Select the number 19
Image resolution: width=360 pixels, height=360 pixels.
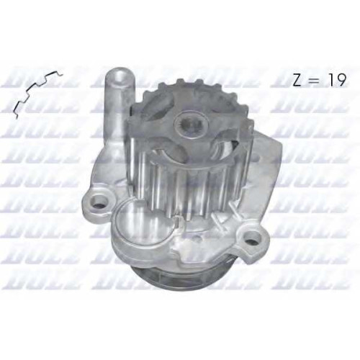pyautogui.click(x=336, y=79)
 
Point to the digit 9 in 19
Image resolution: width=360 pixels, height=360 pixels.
pyautogui.click(x=341, y=79)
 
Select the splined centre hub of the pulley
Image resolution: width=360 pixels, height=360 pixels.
pyautogui.click(x=192, y=125)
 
